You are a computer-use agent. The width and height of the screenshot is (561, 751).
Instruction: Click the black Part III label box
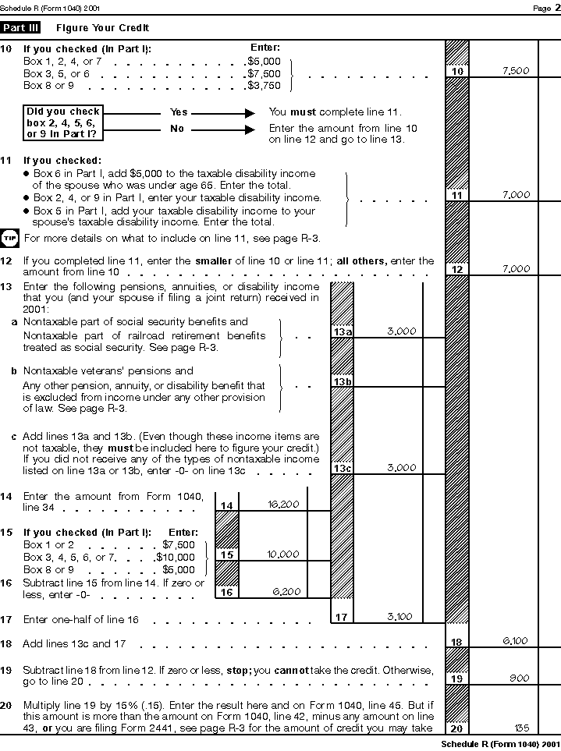20,27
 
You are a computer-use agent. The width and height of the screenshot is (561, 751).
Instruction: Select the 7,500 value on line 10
516,71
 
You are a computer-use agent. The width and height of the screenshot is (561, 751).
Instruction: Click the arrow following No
224,129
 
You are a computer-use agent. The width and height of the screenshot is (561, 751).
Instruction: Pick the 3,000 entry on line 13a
401,331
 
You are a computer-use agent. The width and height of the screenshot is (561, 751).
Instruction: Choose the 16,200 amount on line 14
283,505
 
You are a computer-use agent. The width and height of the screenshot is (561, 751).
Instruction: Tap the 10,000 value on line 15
283,554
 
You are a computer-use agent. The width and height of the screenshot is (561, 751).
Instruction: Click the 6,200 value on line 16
286,592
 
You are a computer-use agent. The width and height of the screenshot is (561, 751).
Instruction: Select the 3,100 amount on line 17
400,617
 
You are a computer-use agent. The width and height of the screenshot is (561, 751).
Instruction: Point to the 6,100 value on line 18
515,641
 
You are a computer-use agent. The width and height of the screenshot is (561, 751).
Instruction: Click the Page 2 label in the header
542,7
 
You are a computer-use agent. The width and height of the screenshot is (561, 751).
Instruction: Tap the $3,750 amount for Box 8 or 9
260,85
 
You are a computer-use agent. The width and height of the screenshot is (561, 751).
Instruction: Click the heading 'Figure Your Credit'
102,28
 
